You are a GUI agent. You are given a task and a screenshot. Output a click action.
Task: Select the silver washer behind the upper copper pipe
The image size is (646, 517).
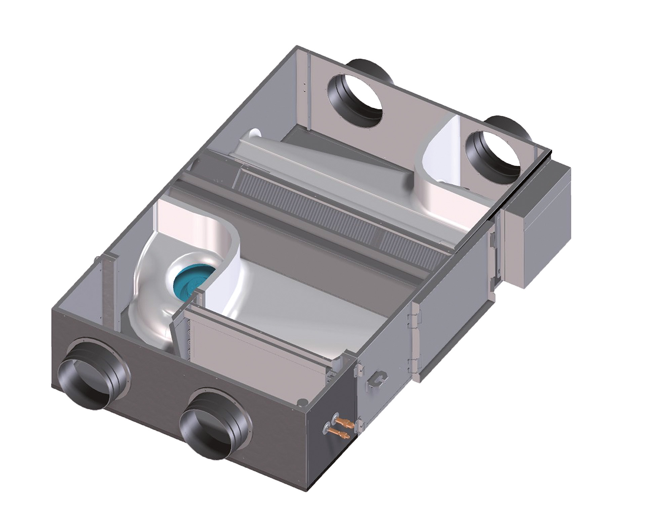pos(335,418)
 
